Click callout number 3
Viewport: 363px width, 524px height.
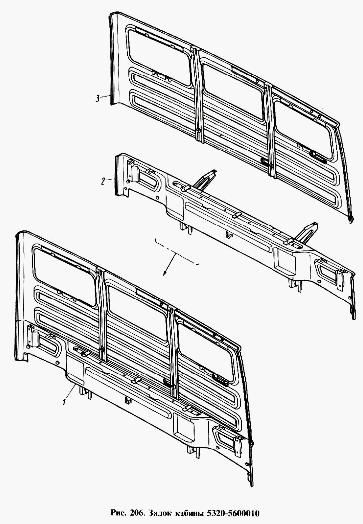[97, 98]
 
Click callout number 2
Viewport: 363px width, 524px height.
[103, 181]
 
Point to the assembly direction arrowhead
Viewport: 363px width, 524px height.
[164, 273]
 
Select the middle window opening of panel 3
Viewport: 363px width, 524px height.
[233, 90]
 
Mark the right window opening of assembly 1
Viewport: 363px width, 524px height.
[205, 352]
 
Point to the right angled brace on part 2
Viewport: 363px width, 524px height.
[307, 232]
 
